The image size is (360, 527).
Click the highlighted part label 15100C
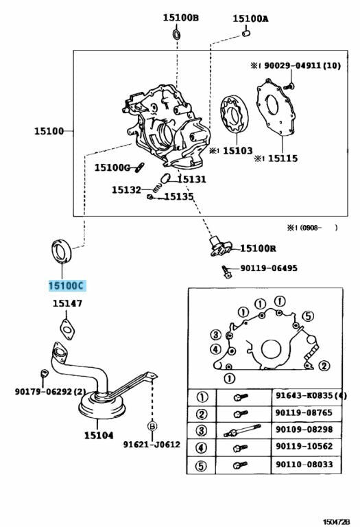(x=66, y=285)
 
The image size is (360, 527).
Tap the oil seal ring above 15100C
(x=62, y=251)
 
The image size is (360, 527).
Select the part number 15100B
(x=180, y=17)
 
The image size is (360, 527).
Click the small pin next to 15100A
(x=245, y=33)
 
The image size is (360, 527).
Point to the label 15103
(x=237, y=150)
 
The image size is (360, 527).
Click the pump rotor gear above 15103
(x=234, y=114)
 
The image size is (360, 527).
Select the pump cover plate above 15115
(x=276, y=107)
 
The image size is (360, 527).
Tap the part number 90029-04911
(x=293, y=66)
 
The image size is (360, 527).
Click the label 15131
(x=191, y=179)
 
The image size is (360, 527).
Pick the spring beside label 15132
(x=155, y=188)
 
